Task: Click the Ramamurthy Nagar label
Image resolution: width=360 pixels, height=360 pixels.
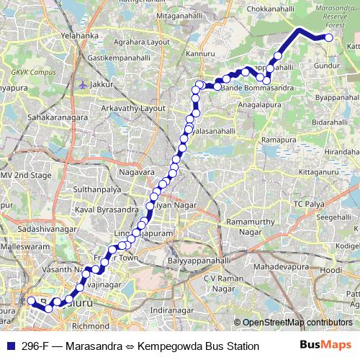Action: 250,228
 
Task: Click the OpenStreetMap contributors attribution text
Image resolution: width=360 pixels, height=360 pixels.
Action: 297,323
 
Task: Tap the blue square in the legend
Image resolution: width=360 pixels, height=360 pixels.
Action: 9,346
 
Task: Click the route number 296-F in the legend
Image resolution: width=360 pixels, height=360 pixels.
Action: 37,346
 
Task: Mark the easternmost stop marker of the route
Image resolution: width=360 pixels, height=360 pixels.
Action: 329,36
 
